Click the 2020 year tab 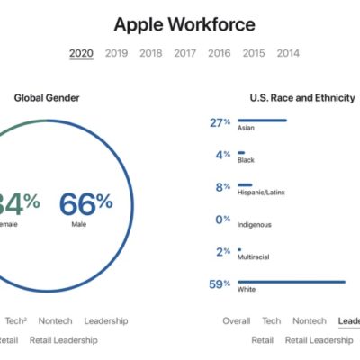[x=81, y=53]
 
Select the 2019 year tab [x=116, y=53]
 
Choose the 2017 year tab [x=185, y=53]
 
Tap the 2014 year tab [x=288, y=53]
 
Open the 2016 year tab [x=220, y=53]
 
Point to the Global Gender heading [x=44, y=98]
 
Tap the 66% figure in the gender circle [x=86, y=203]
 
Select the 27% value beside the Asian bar [x=220, y=122]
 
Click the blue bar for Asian [x=262, y=121]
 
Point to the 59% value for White [x=220, y=284]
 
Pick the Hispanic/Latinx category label [x=257, y=193]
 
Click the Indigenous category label [x=254, y=225]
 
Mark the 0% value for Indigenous [x=222, y=220]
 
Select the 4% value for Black [x=223, y=155]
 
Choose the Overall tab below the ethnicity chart [x=237, y=320]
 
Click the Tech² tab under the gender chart [x=16, y=320]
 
